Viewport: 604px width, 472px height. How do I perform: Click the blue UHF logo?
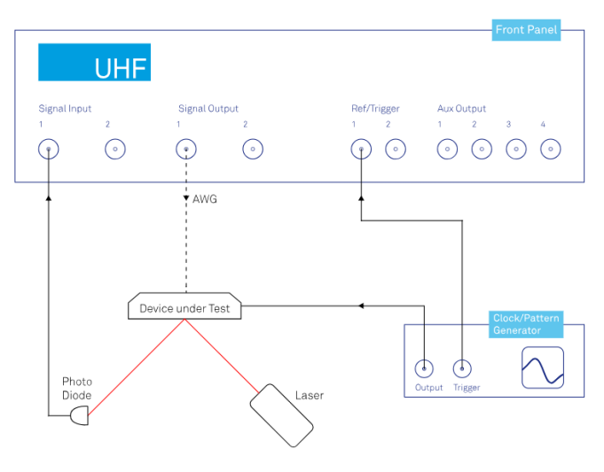(94, 63)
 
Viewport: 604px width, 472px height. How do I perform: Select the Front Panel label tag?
(527, 30)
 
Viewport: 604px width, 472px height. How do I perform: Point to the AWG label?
(204, 199)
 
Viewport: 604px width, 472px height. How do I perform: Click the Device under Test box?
(184, 308)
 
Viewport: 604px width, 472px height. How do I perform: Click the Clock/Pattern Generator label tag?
(528, 324)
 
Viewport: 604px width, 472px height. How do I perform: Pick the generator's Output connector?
(426, 368)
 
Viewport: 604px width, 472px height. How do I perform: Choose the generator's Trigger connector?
(463, 368)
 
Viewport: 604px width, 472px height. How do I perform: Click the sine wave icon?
(542, 368)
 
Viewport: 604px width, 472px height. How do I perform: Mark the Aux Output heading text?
(461, 109)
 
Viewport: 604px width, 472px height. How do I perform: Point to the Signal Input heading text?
(65, 109)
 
